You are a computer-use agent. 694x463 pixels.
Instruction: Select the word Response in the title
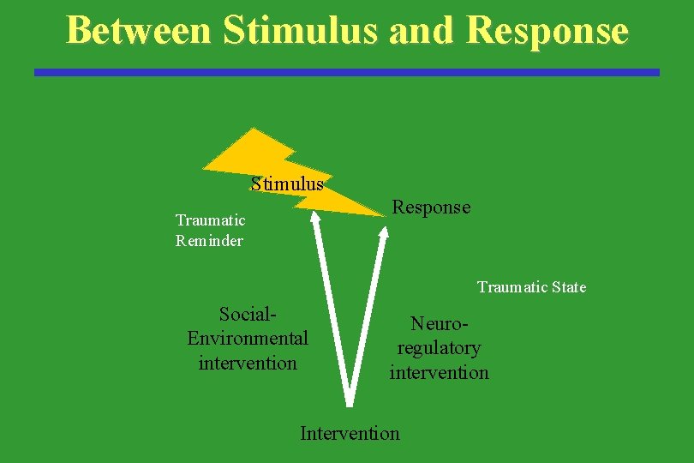pyautogui.click(x=548, y=30)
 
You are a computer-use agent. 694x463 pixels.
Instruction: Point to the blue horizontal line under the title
pyautogui.click(x=347, y=73)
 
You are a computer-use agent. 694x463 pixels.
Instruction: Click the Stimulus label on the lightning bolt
pyautogui.click(x=287, y=183)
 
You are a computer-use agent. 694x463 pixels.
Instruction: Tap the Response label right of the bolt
pyautogui.click(x=431, y=207)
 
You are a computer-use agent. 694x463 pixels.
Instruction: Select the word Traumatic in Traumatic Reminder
pyautogui.click(x=210, y=220)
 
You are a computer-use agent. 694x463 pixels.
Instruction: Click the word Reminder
pyautogui.click(x=209, y=241)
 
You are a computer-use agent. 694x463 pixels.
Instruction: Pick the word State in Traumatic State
pyautogui.click(x=568, y=287)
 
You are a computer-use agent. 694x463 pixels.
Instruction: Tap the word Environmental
pyautogui.click(x=248, y=338)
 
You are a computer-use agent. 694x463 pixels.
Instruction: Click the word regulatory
pyautogui.click(x=439, y=348)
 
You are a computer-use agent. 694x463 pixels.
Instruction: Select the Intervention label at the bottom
pyautogui.click(x=350, y=433)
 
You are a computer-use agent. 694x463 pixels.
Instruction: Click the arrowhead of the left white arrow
pyautogui.click(x=315, y=217)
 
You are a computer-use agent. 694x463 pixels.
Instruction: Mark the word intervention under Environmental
pyautogui.click(x=248, y=363)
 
